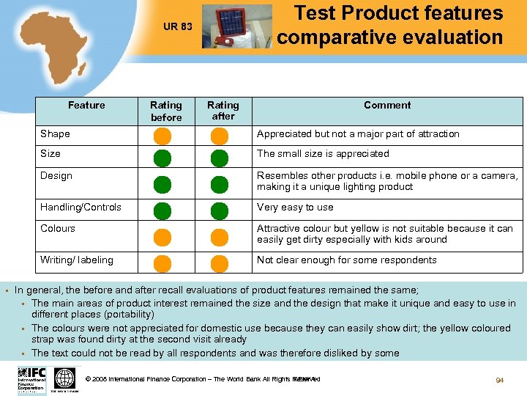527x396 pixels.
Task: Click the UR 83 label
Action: [177, 27]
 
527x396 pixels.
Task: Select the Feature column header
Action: [86, 105]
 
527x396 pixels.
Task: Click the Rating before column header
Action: [166, 111]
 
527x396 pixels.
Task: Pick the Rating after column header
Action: [223, 111]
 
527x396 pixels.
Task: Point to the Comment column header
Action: [387, 105]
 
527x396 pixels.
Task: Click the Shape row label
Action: [56, 134]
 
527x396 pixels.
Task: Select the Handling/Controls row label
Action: [81, 208]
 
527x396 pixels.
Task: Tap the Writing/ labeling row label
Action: [77, 260]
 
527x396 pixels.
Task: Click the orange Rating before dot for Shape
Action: [162, 136]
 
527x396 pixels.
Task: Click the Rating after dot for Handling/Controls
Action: [220, 211]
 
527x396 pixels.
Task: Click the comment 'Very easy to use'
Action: [295, 208]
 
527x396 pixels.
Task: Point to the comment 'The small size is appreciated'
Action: [323, 154]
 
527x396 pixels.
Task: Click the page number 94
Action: [499, 381]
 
